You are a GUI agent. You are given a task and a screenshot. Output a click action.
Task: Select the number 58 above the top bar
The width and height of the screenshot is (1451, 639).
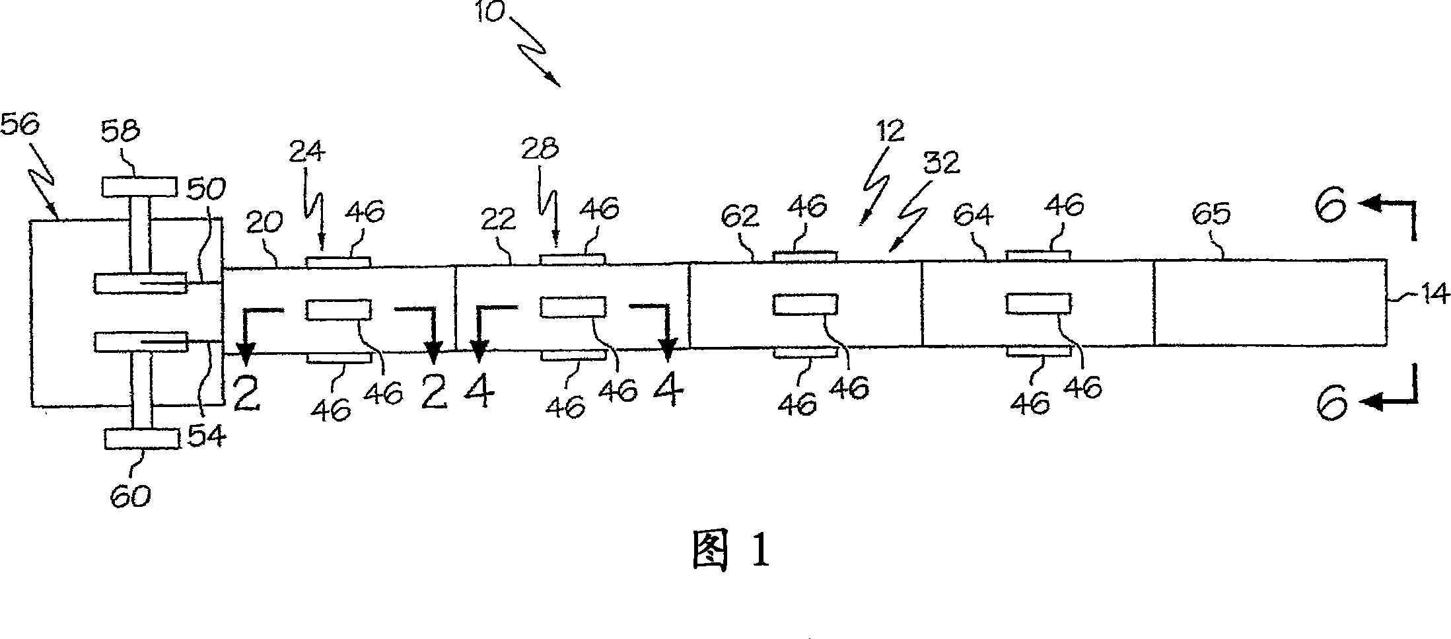click(121, 132)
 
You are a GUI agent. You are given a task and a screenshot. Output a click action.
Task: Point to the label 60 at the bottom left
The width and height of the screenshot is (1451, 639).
click(130, 496)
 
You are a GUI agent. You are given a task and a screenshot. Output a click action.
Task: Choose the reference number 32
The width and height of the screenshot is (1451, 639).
click(941, 163)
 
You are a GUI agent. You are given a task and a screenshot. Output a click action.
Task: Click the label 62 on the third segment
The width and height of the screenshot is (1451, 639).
click(740, 216)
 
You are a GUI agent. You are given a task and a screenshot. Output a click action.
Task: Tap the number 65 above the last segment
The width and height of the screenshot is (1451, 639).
click(1211, 214)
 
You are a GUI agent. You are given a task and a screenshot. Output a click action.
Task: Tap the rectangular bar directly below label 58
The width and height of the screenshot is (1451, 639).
click(139, 187)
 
